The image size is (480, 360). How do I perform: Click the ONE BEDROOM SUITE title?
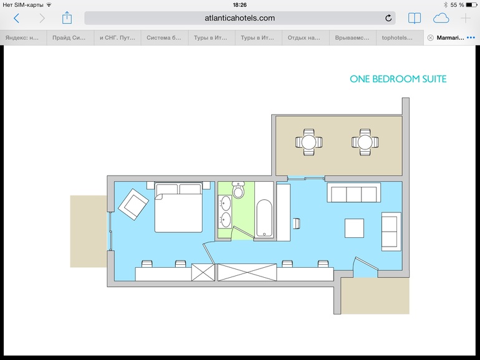click(398, 79)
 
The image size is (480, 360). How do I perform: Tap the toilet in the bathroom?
click(238, 190)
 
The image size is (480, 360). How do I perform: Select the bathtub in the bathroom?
click(264, 218)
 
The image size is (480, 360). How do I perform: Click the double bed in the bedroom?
click(178, 207)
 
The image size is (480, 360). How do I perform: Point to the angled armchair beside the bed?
click(133, 204)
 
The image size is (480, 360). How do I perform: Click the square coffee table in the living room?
click(354, 228)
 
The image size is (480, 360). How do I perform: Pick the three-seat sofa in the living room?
click(354, 192)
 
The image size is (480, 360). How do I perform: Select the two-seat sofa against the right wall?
click(391, 232)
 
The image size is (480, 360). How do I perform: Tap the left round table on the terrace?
click(309, 142)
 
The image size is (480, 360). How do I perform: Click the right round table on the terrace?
click(365, 142)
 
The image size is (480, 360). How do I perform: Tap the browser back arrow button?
click(17, 18)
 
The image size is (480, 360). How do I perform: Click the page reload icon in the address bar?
click(388, 18)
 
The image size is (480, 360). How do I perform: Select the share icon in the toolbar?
click(67, 17)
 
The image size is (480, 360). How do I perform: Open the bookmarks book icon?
click(415, 18)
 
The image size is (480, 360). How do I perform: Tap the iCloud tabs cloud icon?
click(441, 18)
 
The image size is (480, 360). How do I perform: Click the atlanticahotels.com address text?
click(240, 18)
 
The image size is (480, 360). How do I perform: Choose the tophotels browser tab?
click(397, 37)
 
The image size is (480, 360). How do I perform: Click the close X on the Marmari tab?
click(430, 37)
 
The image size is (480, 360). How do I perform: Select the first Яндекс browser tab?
click(22, 37)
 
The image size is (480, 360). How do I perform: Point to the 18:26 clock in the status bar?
click(240, 4)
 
